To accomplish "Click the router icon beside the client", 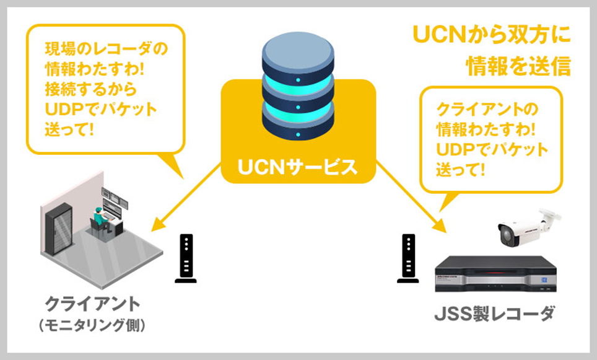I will [186, 259].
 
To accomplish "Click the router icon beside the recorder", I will [408, 259].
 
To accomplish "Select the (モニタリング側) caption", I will [92, 325].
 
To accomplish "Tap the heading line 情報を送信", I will [519, 65].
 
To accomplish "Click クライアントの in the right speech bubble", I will [487, 110].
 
